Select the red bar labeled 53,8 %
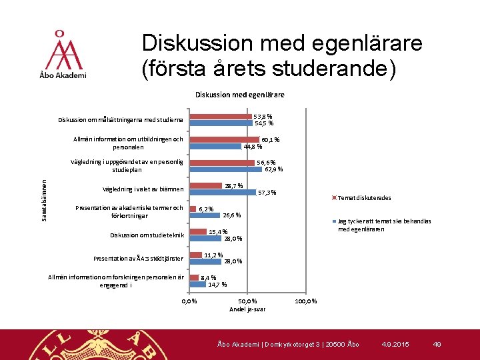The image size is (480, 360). click(x=221, y=117)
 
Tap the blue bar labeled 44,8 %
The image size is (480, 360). click(x=216, y=147)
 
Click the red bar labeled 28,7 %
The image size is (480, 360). click(x=206, y=185)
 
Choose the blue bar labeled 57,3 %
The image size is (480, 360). click(x=223, y=192)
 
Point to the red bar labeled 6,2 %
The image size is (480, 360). click(x=193, y=208)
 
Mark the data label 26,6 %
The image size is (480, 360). click(x=231, y=215)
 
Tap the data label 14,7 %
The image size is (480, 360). click(x=217, y=285)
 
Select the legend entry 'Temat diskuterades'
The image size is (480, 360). click(x=364, y=198)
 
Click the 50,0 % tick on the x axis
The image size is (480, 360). click(x=247, y=302)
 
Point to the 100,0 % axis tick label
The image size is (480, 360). click(x=305, y=302)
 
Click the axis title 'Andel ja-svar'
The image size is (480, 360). click(x=247, y=309)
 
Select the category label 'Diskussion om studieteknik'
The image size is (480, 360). click(x=147, y=235)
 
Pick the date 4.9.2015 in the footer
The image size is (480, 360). click(x=395, y=344)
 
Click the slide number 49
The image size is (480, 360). click(x=437, y=344)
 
